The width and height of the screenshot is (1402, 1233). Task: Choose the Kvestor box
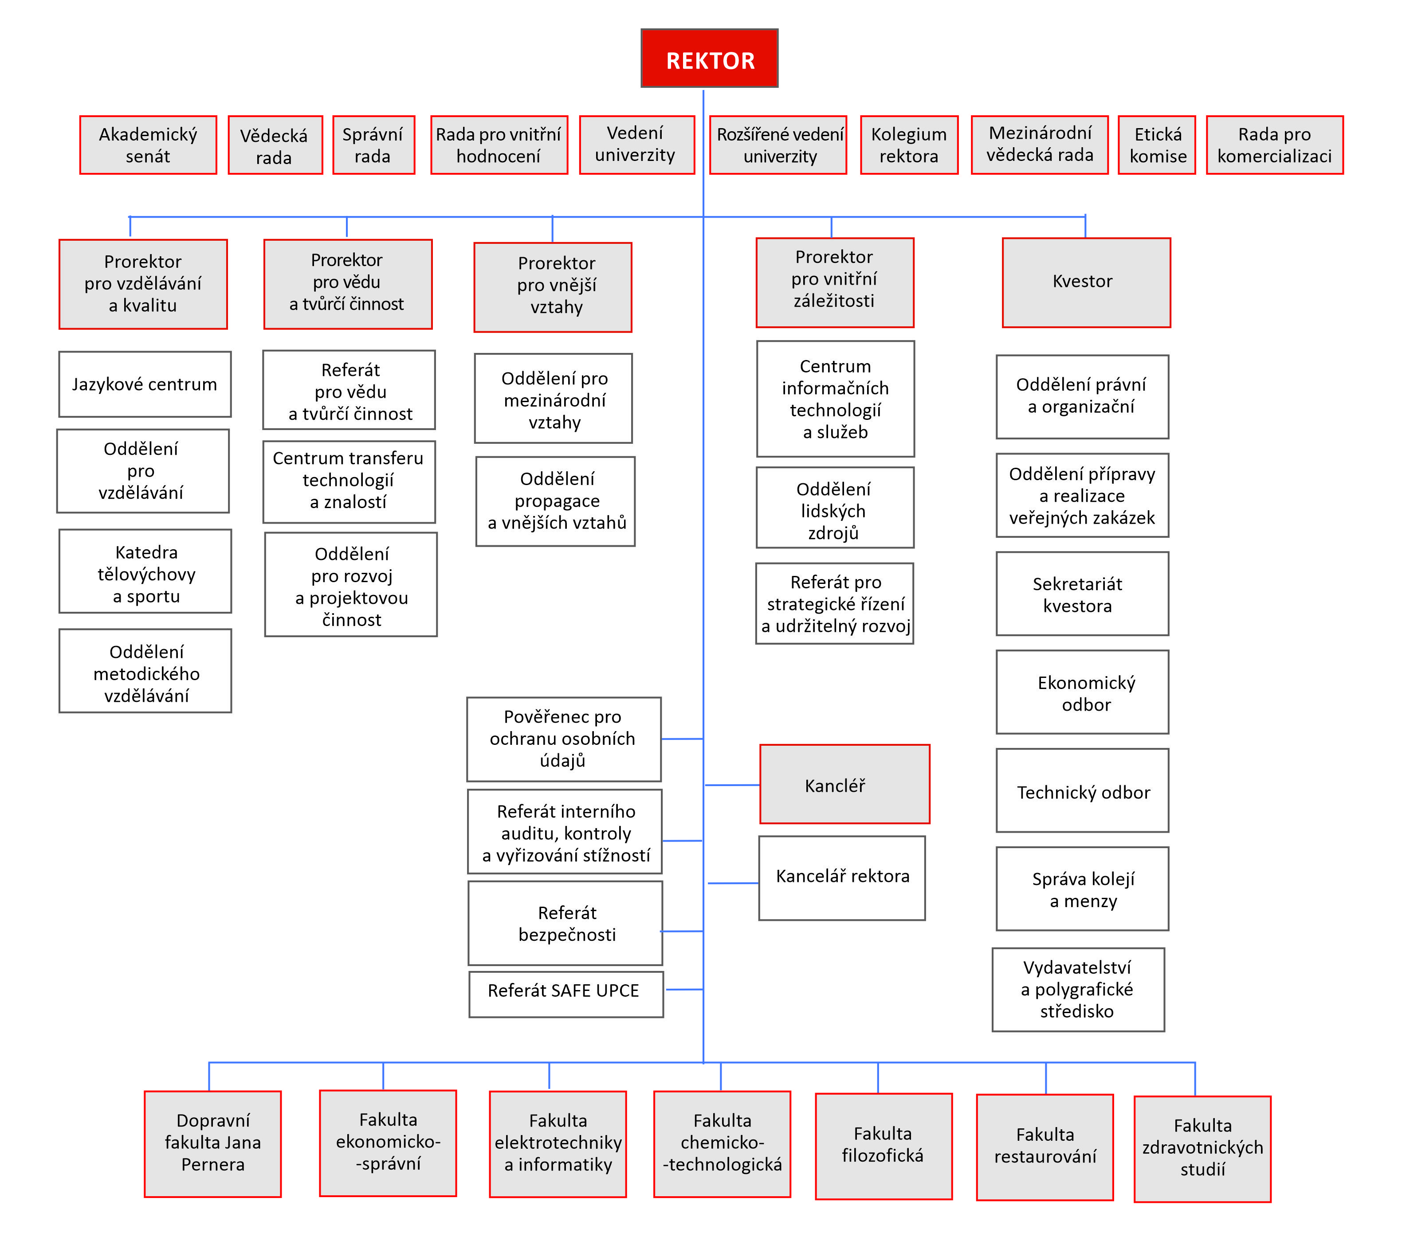(x=1086, y=282)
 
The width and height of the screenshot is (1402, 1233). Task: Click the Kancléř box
(x=844, y=784)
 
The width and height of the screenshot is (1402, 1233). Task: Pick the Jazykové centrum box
(x=145, y=384)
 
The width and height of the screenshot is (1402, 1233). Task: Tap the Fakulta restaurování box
(x=1045, y=1147)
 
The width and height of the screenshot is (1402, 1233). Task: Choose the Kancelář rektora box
(x=842, y=877)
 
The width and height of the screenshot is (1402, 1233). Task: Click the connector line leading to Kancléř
(x=732, y=784)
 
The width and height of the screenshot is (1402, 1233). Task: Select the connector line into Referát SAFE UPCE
(x=684, y=990)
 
